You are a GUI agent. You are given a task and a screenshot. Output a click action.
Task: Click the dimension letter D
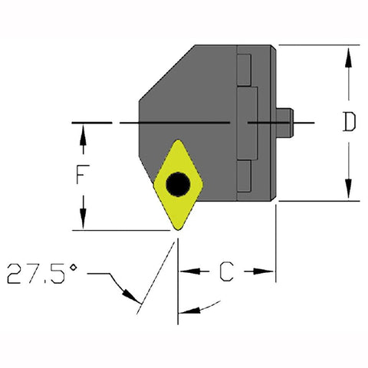(x=349, y=123)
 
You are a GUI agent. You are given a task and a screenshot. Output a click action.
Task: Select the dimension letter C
(x=227, y=271)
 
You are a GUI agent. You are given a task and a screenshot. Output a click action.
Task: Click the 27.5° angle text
(x=42, y=273)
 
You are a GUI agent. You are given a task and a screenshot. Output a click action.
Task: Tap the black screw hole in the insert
(x=178, y=184)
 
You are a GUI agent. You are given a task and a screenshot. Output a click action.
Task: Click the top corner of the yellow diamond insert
(x=178, y=140)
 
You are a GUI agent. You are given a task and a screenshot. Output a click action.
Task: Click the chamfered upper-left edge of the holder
(x=166, y=73)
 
